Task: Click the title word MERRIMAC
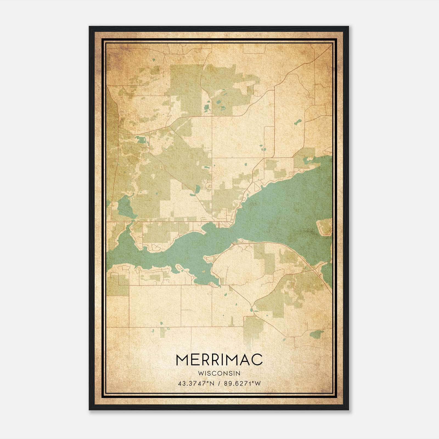click(219, 360)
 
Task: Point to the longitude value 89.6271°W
click(242, 384)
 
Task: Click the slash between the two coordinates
click(219, 384)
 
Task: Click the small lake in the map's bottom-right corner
click(317, 334)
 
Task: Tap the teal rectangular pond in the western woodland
click(142, 140)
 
